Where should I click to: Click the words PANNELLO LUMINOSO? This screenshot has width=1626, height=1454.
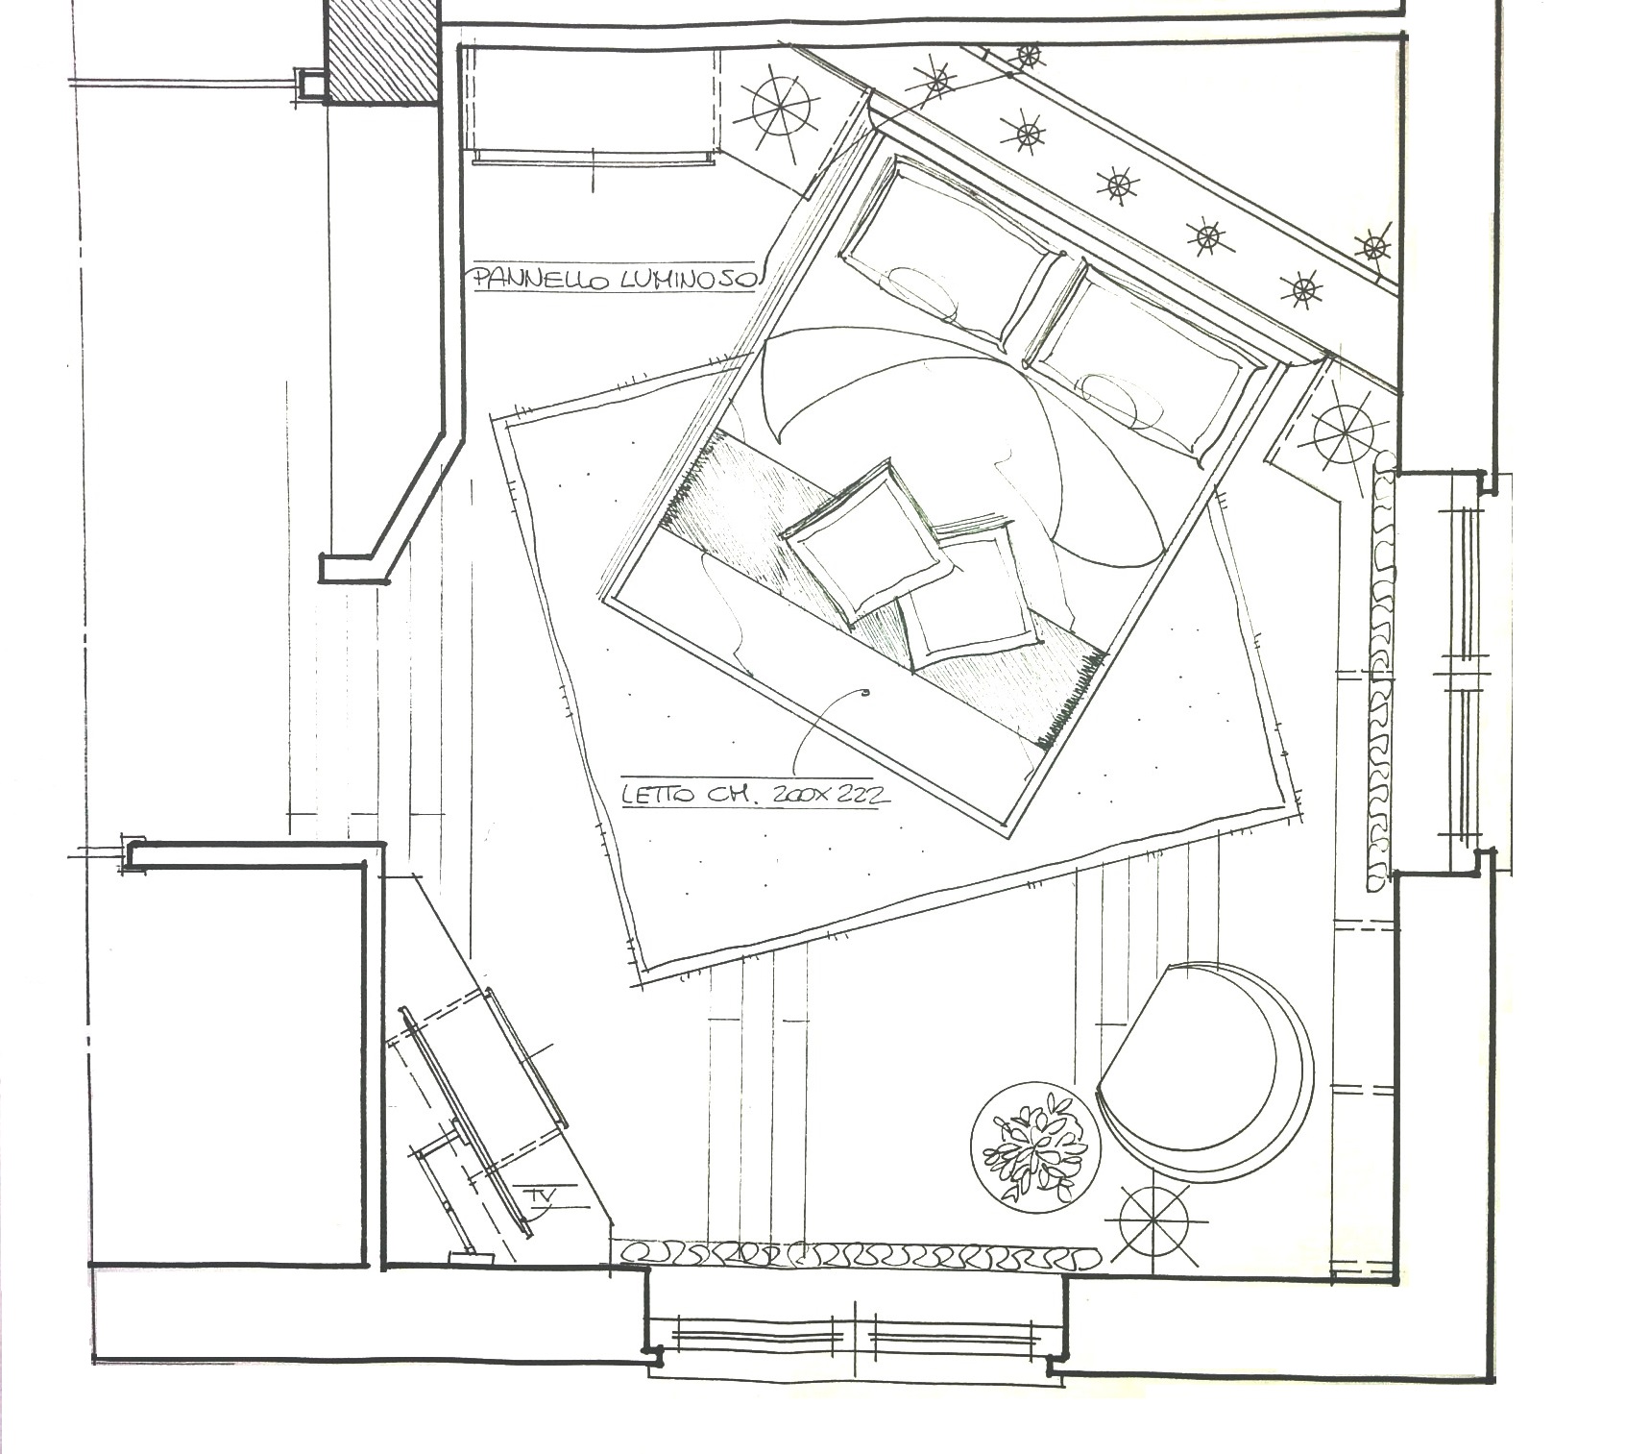click(616, 279)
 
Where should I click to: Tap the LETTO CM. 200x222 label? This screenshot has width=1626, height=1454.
click(750, 795)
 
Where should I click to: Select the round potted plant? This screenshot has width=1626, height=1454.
click(1033, 1148)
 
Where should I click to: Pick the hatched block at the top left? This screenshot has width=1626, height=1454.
click(382, 50)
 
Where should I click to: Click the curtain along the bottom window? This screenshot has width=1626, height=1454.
click(860, 1254)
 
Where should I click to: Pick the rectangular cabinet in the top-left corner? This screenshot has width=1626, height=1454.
click(592, 104)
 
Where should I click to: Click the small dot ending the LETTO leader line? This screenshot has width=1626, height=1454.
click(866, 692)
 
